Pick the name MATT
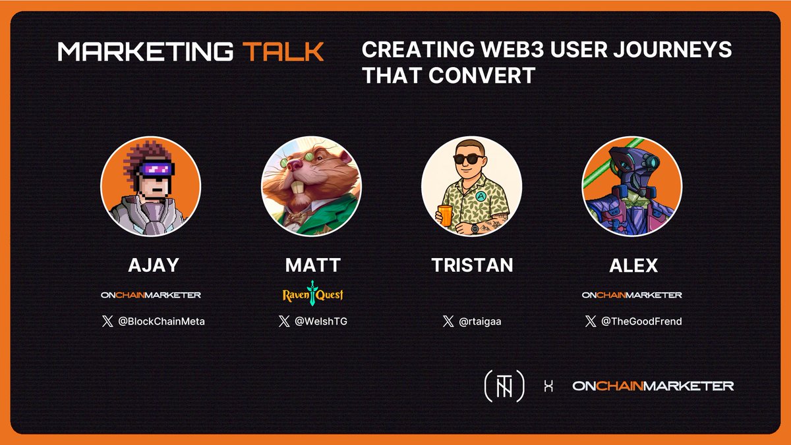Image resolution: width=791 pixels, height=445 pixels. (x=313, y=265)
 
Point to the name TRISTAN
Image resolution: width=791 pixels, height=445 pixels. (x=472, y=265)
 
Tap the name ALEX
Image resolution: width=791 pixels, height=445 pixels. (x=632, y=265)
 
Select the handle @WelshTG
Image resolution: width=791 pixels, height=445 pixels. (x=322, y=322)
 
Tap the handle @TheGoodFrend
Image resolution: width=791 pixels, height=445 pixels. (x=641, y=322)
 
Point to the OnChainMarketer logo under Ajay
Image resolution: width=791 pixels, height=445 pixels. (x=151, y=295)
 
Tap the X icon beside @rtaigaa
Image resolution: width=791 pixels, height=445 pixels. (x=448, y=322)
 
